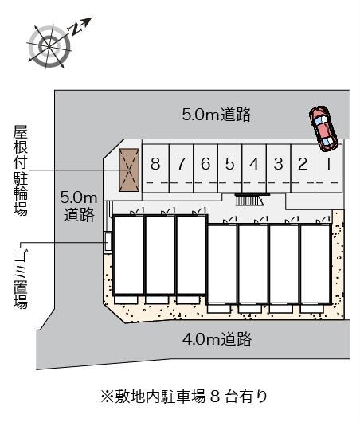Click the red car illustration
coord(323,127)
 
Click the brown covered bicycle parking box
coord(127,170)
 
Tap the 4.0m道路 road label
coord(216,340)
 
